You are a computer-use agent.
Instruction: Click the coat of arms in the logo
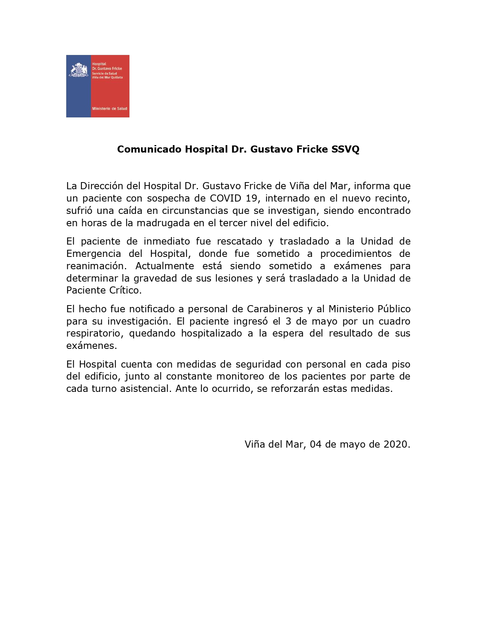click(x=78, y=70)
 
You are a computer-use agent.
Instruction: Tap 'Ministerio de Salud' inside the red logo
click(x=109, y=108)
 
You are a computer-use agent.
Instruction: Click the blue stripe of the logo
click(x=78, y=97)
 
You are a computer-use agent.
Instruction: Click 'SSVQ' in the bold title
click(x=345, y=149)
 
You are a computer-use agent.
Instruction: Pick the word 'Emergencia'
click(x=94, y=254)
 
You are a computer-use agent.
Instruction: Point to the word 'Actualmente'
click(x=165, y=266)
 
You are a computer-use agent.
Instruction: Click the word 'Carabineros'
click(x=275, y=309)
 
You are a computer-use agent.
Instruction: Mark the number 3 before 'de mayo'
click(x=288, y=321)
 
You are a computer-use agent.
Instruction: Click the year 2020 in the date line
click(x=396, y=444)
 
